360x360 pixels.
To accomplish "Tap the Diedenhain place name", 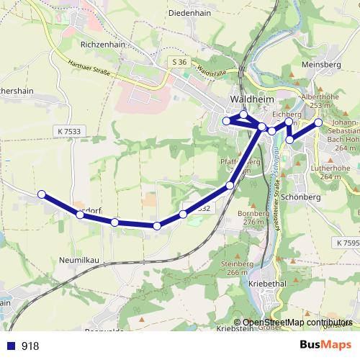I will click(188, 12).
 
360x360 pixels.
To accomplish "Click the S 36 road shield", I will click(180, 63).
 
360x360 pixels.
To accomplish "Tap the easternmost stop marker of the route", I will click(318, 122).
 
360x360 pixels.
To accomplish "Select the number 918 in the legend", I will click(30, 346).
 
